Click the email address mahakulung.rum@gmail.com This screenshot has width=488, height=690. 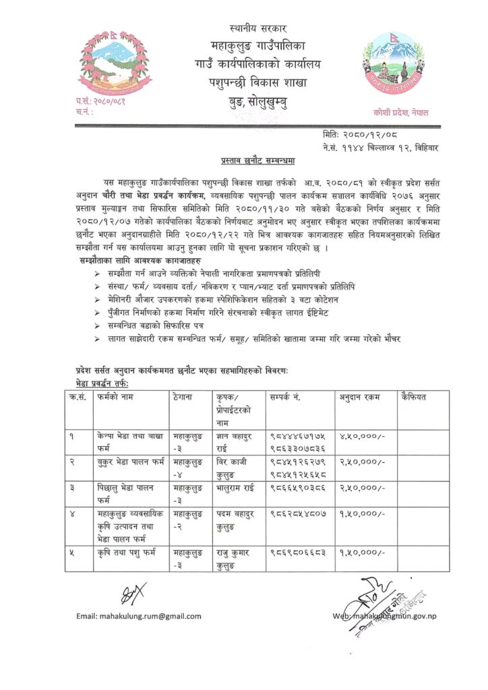pyautogui.click(x=139, y=616)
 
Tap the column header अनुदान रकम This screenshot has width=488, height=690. pyautogui.click(x=358, y=396)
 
